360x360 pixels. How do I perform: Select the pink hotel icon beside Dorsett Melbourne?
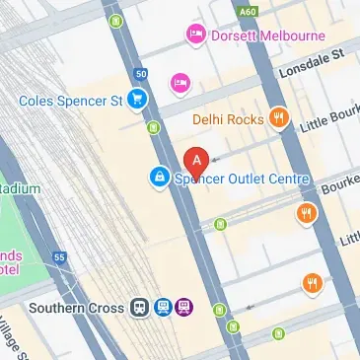click(x=195, y=36)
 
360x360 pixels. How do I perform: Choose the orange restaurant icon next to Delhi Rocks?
click(x=279, y=119)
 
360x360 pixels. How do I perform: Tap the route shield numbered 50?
click(x=141, y=74)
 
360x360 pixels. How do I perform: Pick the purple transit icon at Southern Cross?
click(x=183, y=308)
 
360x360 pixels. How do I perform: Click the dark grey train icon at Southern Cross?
click(x=141, y=308)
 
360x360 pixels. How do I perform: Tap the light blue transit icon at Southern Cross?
click(x=163, y=308)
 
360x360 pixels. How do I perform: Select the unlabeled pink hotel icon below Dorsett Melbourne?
click(x=180, y=81)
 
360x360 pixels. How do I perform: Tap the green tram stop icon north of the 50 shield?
click(x=117, y=20)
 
